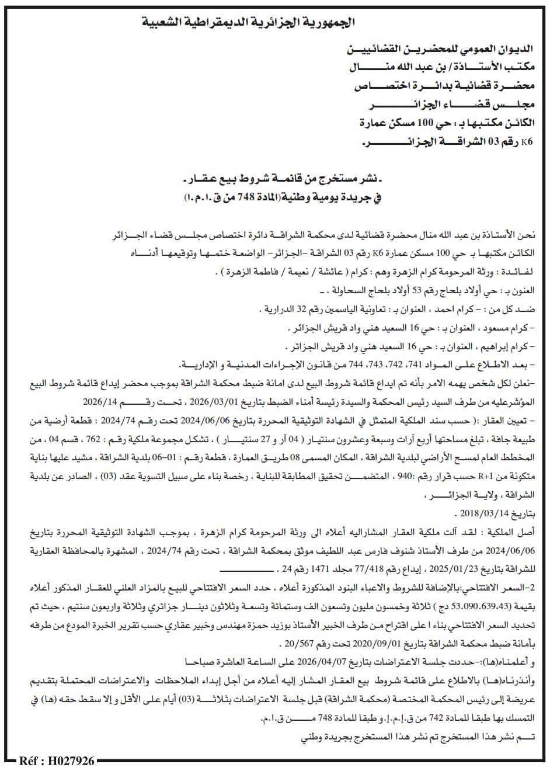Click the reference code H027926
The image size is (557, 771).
pos(57,761)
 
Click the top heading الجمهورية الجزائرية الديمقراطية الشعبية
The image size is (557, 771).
pos(249,23)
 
